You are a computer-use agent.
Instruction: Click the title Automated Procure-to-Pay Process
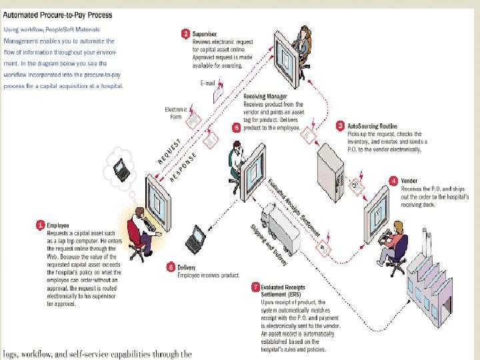(x=58, y=15)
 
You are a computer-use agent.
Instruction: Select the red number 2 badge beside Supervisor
(x=185, y=32)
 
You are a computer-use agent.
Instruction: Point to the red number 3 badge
(x=340, y=125)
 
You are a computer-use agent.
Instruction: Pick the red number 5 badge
(x=236, y=127)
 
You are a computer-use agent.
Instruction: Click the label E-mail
(x=208, y=83)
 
